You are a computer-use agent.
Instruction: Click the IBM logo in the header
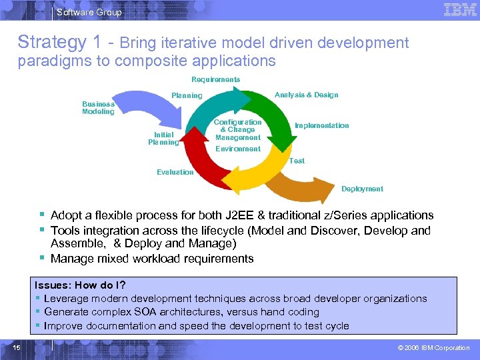[460, 10]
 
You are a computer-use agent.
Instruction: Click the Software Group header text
[89, 12]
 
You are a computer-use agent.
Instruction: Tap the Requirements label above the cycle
[215, 79]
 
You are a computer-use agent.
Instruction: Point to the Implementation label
[322, 125]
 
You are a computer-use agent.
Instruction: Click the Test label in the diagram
[297, 161]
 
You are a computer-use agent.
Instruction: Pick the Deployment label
[362, 189]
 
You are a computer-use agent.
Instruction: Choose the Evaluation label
[175, 172]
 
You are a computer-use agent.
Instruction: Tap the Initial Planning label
[163, 138]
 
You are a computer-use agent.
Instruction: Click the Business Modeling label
[98, 107]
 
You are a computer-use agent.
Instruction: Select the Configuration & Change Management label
[237, 130]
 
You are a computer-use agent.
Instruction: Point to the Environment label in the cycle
[237, 149]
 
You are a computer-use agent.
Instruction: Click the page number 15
[17, 347]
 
